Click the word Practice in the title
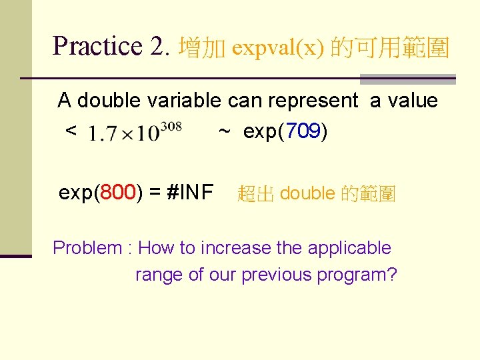pyautogui.click(x=97, y=47)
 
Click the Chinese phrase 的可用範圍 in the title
pyautogui.click(x=391, y=48)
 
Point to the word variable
pyautogui.click(x=183, y=101)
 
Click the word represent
pyautogui.click(x=313, y=101)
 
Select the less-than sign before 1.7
pyautogui.click(x=70, y=132)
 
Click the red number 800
pyautogui.click(x=120, y=193)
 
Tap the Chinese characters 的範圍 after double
pyautogui.click(x=368, y=194)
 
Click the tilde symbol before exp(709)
pyautogui.click(x=225, y=132)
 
